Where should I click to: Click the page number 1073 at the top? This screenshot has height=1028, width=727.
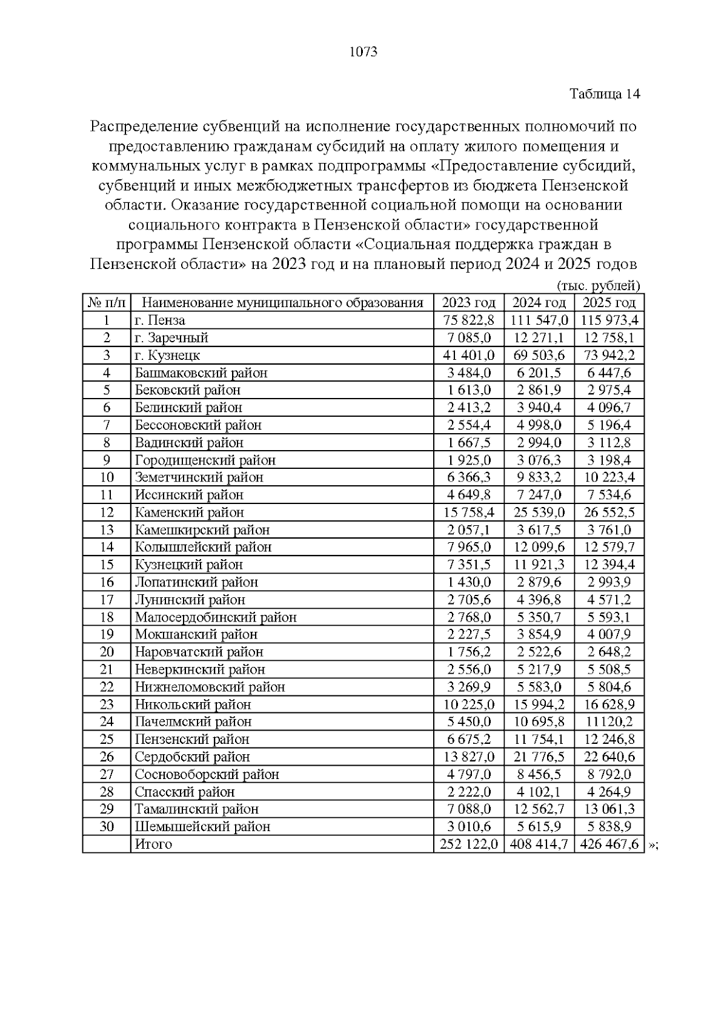coord(363,52)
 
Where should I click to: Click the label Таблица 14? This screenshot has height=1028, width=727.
coord(605,95)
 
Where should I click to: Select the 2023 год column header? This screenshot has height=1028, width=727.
coord(468,303)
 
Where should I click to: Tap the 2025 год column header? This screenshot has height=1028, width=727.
coord(609,303)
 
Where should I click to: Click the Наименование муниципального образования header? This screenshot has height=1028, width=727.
coord(282,303)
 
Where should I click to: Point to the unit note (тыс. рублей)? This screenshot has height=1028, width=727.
coord(598,286)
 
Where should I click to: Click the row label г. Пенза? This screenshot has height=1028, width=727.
coord(160,320)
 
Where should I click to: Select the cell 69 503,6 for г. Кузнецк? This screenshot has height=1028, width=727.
coord(538,355)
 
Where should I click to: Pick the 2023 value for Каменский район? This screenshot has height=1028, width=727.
coord(468,512)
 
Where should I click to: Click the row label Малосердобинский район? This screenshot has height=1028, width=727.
coord(216,617)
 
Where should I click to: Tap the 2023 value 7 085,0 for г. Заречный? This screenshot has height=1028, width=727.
coord(468,338)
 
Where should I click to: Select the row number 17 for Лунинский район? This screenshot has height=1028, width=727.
coord(107,600)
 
